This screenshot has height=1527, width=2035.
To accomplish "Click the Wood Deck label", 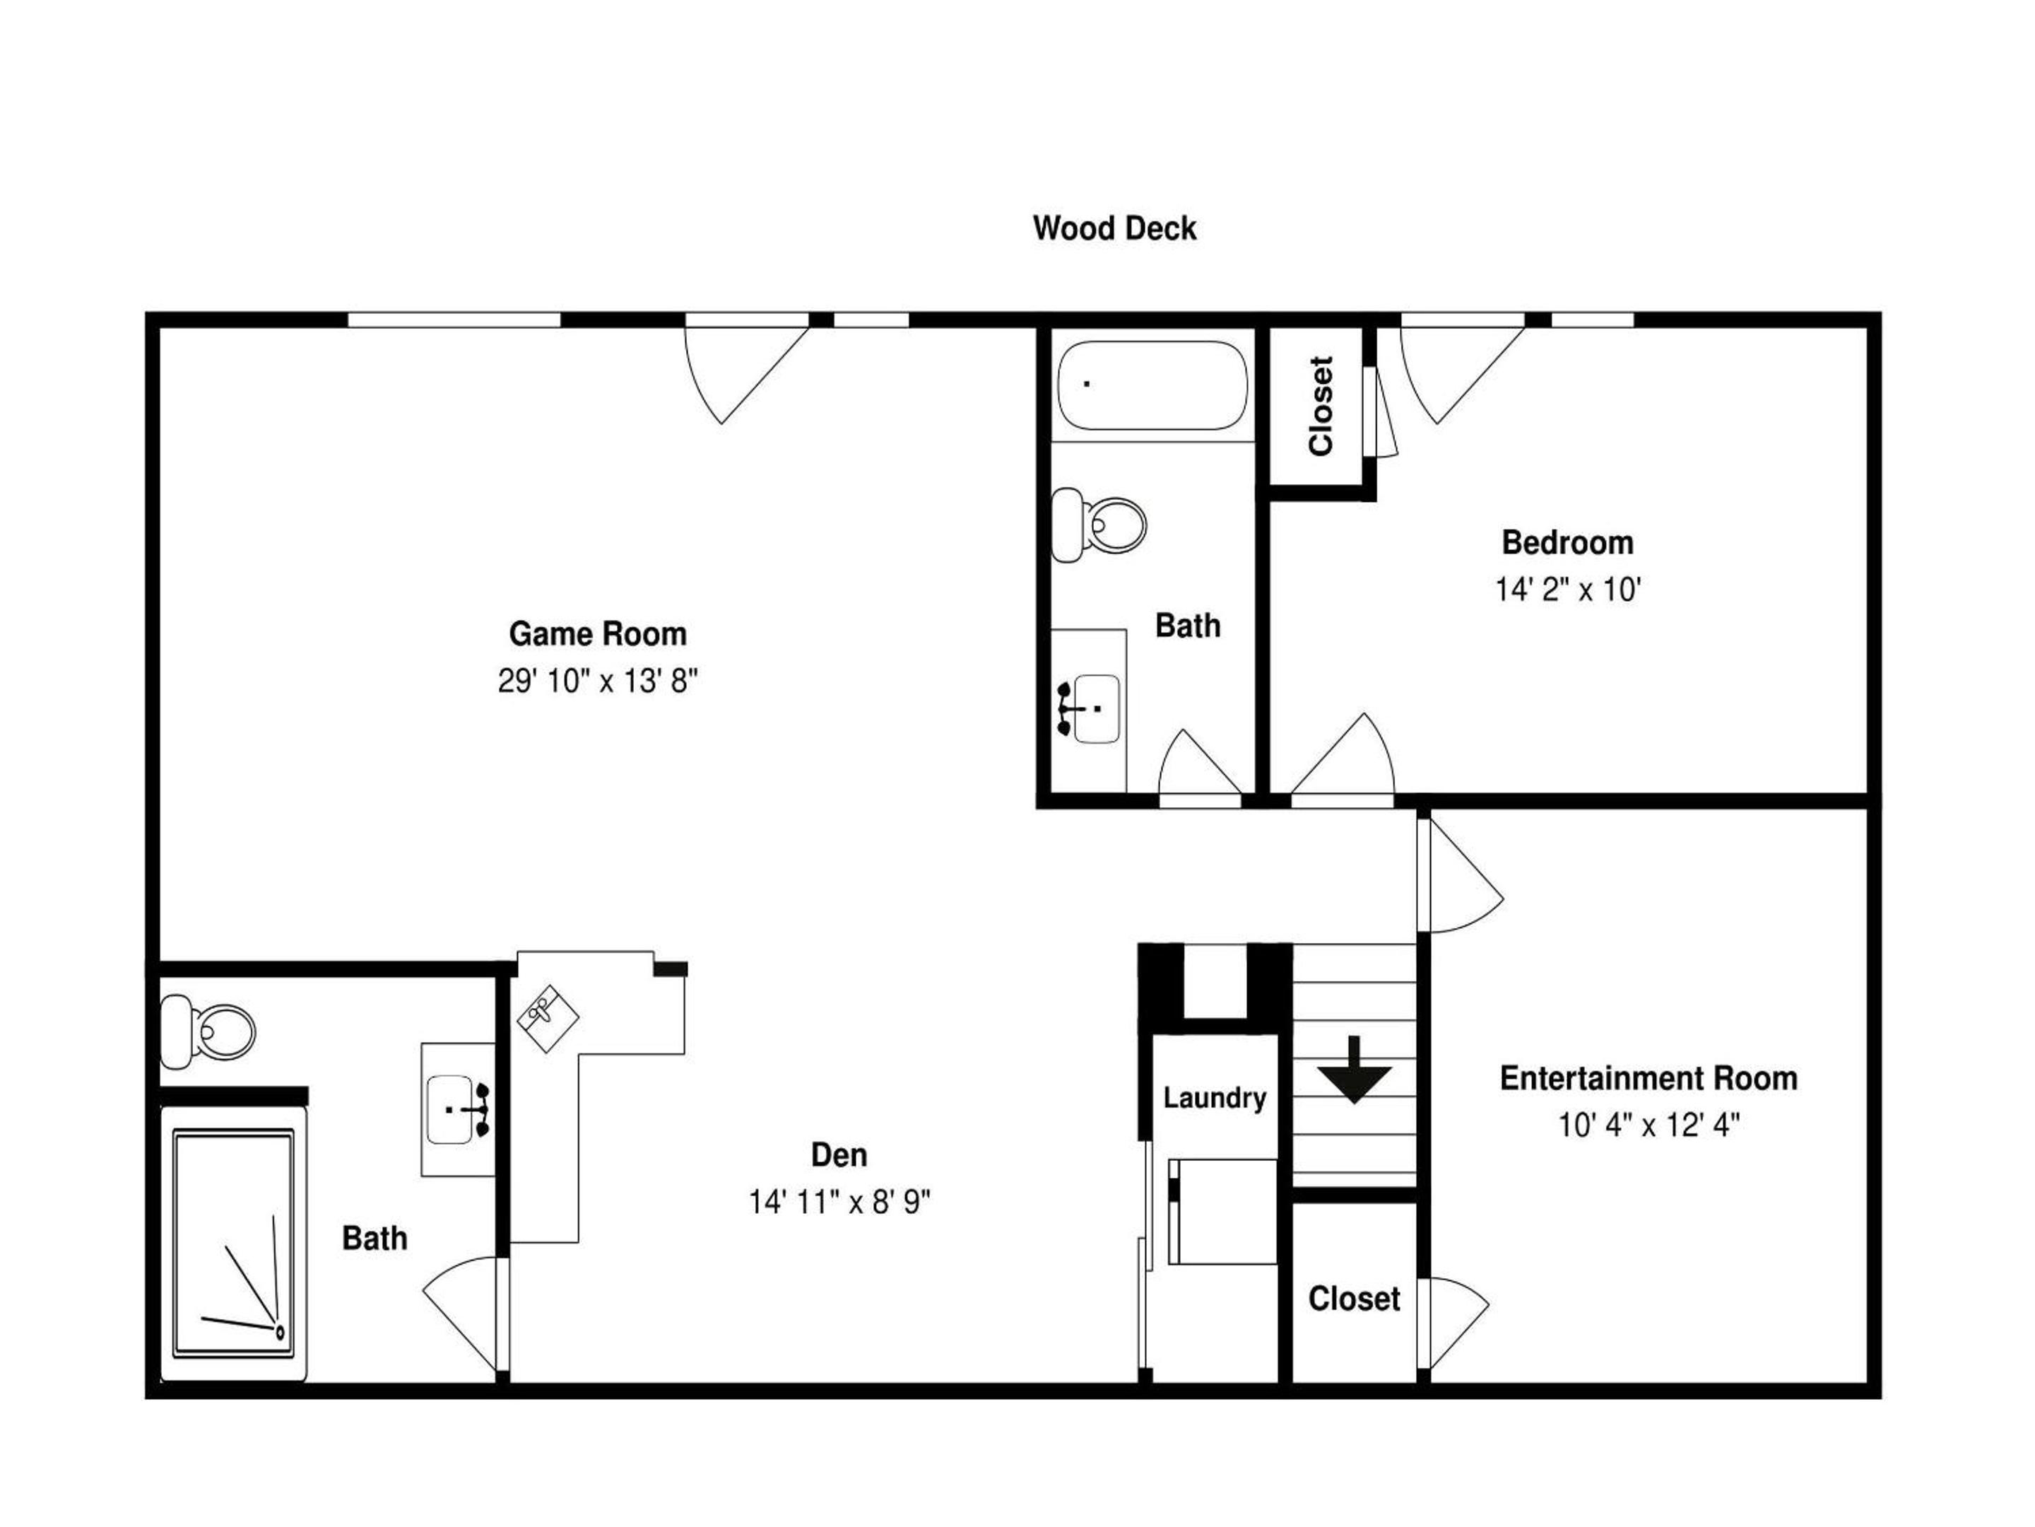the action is tap(1114, 228).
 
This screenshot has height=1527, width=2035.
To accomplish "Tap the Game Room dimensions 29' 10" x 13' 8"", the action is tap(598, 681).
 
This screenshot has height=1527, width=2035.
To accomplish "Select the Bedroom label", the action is tap(1568, 542).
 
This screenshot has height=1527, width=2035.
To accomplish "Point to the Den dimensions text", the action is tap(839, 1202).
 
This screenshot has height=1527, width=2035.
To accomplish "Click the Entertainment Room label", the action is tap(1648, 1078).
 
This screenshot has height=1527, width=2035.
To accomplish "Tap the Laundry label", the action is tap(1215, 1097).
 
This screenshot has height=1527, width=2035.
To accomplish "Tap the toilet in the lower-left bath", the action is tap(208, 1031).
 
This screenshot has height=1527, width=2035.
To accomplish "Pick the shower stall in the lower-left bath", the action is tap(234, 1244).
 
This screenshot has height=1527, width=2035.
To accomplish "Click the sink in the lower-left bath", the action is tap(458, 1109).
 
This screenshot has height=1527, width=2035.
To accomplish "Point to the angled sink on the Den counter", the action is tap(548, 1019).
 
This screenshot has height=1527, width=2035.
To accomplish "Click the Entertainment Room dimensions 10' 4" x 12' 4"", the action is tap(1648, 1125).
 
